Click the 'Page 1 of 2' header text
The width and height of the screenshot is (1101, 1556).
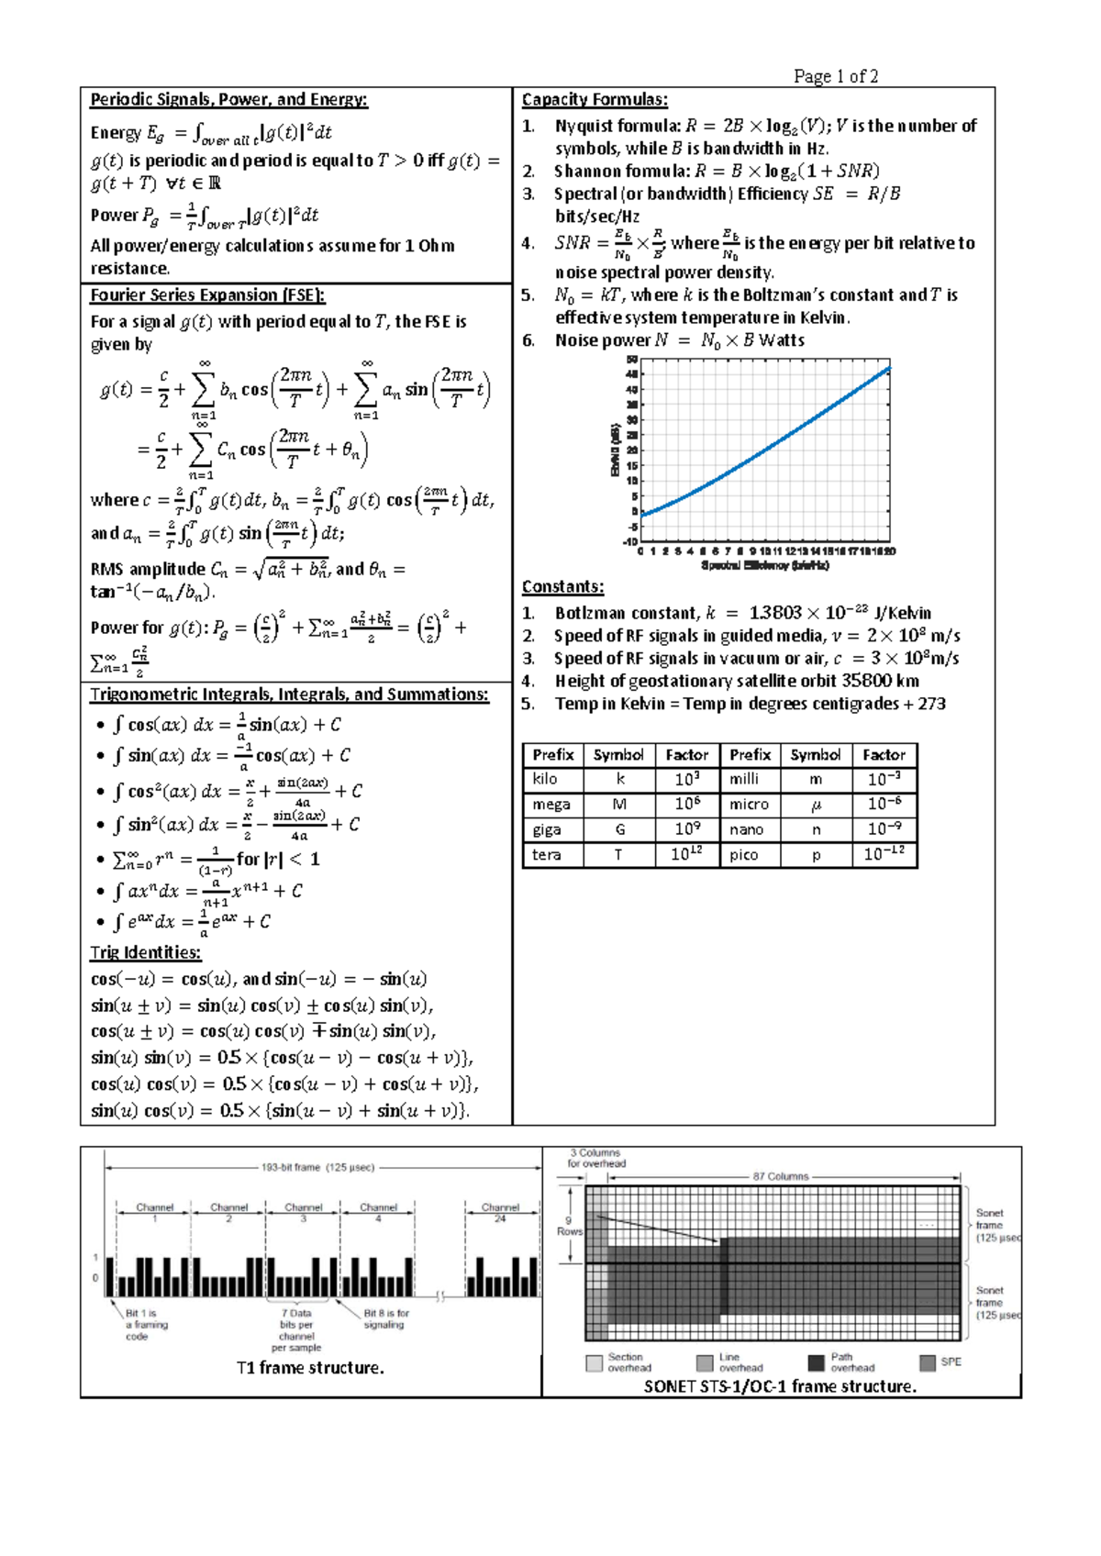point(836,76)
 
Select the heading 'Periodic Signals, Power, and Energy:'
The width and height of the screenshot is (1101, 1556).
point(228,100)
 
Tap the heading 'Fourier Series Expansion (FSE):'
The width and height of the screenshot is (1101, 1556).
point(207,295)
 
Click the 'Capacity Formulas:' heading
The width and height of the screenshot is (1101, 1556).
point(595,100)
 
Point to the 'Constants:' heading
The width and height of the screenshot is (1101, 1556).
point(562,587)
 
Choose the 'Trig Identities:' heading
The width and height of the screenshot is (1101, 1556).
point(145,952)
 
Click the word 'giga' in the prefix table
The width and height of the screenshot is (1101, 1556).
point(547,829)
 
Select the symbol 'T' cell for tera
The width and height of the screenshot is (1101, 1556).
point(618,855)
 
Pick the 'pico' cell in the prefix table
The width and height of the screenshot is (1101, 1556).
point(743,855)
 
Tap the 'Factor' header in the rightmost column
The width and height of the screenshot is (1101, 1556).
point(884,755)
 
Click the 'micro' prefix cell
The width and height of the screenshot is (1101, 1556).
point(749,805)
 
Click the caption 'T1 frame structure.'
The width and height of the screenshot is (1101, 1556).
point(310,1368)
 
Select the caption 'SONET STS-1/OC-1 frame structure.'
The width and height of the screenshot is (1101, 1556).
point(780,1386)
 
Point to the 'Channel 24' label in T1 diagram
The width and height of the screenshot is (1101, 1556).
point(500,1212)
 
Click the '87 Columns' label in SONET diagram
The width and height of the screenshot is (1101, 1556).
point(781,1176)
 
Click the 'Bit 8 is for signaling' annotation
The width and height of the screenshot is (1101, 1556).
point(385,1318)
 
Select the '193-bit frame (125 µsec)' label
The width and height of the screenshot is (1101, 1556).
point(317,1168)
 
